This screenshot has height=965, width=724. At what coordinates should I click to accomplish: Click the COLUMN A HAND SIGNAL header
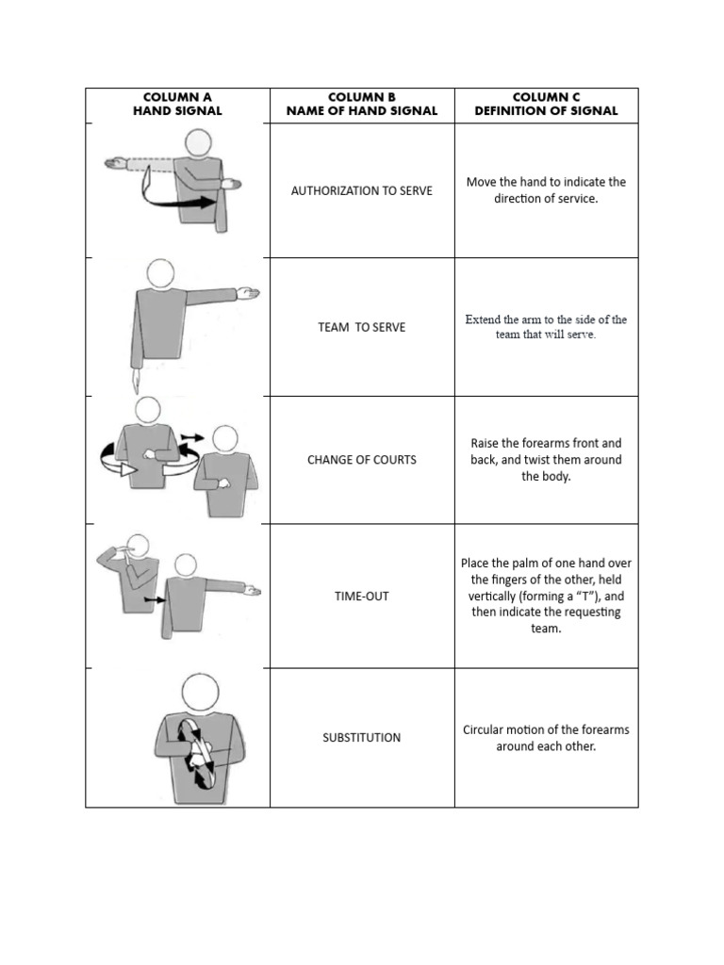[177, 104]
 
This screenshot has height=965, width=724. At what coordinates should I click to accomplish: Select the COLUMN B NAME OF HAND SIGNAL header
[362, 104]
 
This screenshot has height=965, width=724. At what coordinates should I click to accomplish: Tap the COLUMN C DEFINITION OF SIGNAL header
[546, 104]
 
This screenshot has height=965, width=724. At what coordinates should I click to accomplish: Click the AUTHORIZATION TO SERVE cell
[362, 190]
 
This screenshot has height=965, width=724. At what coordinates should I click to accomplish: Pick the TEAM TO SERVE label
[362, 327]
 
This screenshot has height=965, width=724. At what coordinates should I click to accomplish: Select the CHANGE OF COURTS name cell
[362, 460]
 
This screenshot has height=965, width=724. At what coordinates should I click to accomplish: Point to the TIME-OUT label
[362, 597]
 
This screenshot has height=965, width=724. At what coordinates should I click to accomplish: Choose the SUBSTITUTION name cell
[362, 738]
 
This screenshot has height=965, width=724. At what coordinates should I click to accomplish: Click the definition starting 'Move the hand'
[546, 190]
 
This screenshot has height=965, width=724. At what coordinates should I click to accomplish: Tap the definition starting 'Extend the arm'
[546, 327]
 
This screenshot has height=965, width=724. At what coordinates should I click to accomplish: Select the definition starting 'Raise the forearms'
[546, 460]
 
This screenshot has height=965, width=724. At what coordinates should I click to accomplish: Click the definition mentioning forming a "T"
[546, 597]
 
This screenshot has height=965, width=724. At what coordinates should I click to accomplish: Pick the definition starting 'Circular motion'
[546, 738]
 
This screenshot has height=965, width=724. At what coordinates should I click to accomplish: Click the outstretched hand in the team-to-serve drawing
[249, 294]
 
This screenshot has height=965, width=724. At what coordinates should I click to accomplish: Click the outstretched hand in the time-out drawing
[251, 591]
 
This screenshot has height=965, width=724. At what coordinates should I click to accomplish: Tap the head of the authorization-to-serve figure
[198, 142]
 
